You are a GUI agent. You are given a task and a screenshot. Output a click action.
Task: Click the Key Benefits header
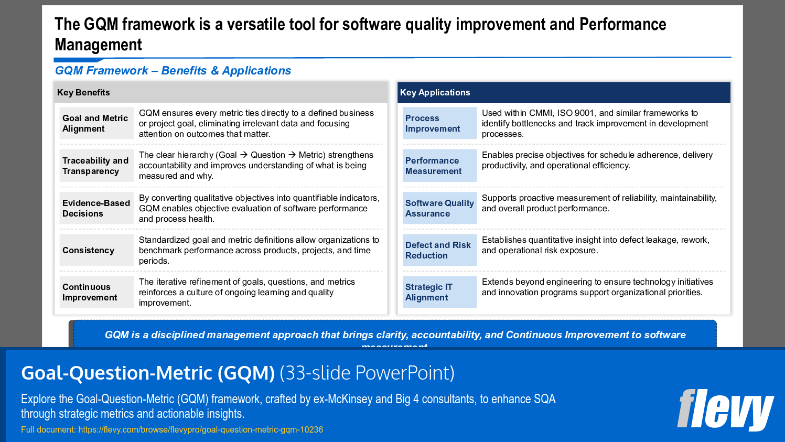83,93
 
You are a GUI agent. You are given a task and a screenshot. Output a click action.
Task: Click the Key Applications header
435,93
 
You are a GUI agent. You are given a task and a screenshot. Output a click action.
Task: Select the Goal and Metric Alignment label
95,124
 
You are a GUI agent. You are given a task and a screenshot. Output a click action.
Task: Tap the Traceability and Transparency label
95,166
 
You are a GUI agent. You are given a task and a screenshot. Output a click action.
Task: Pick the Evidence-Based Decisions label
96,209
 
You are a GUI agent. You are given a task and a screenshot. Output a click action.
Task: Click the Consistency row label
88,251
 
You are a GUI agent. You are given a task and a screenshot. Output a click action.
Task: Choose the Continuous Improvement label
90,293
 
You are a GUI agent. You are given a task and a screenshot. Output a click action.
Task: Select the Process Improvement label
433,124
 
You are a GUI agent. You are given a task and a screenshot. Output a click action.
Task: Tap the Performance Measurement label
433,166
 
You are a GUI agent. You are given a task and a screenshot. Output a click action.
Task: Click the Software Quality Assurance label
439,209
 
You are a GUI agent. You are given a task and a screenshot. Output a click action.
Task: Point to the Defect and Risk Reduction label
438,251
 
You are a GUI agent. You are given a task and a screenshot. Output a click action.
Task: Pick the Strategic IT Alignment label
428,293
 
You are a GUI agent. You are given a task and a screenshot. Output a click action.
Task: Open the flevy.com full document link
200,430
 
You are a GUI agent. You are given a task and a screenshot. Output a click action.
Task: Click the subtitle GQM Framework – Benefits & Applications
173,71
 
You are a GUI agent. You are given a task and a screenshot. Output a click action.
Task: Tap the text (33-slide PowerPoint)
367,373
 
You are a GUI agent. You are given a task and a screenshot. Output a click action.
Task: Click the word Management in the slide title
98,45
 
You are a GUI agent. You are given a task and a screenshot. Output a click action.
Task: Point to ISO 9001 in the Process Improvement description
576,113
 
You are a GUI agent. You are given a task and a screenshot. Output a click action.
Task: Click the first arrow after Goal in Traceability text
244,155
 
